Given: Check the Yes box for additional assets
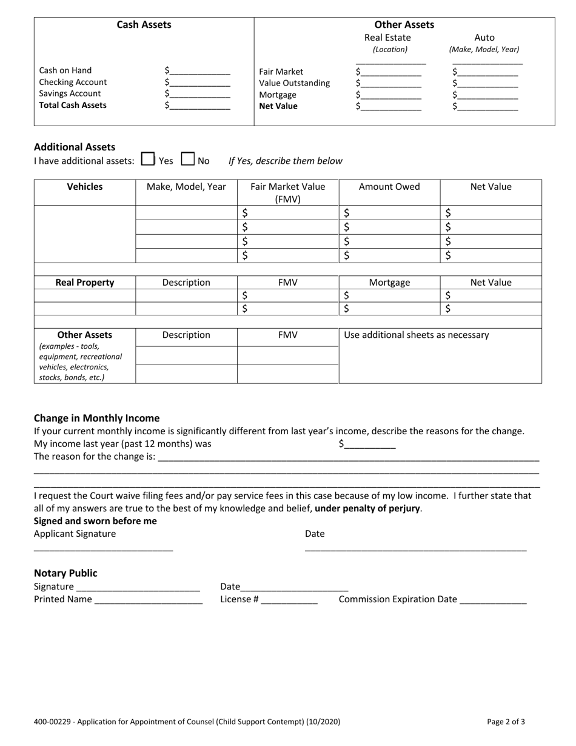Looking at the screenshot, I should tap(147, 160).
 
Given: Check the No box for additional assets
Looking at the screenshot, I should tap(188, 160).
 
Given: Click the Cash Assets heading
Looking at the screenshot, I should tap(144, 25).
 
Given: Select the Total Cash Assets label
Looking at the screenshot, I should tap(73, 105).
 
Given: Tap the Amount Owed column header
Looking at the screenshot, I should tap(389, 187).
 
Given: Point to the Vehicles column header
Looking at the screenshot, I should tap(84, 187).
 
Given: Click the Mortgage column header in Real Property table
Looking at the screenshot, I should tap(389, 283).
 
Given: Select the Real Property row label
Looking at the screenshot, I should tap(84, 283).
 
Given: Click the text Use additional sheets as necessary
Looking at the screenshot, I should tap(416, 335).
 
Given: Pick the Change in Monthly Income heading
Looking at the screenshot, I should tap(96, 418).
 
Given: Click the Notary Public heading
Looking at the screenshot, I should tap(65, 573).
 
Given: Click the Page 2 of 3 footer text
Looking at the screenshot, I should tap(506, 722).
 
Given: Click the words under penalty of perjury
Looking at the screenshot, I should tap(367, 508).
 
